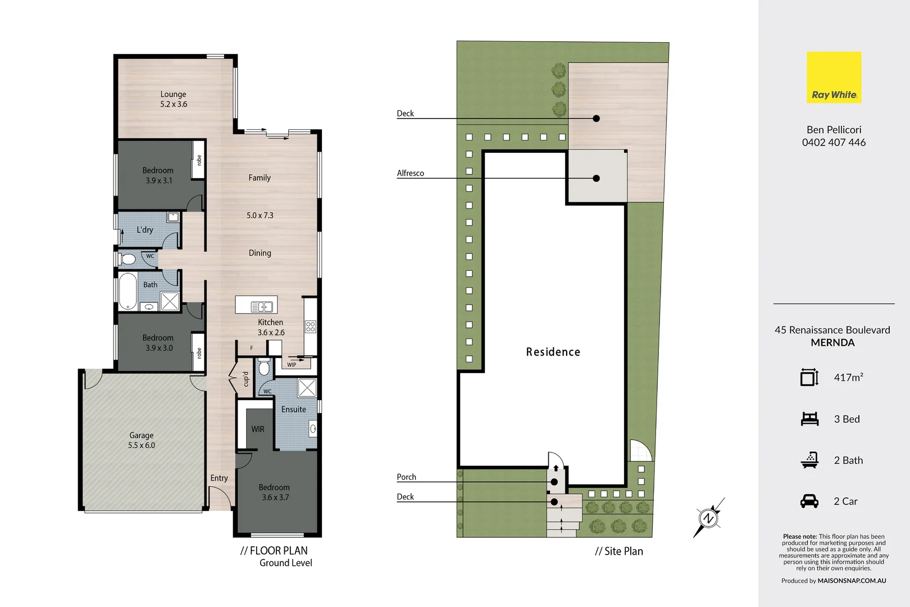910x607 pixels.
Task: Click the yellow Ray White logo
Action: coord(834,77)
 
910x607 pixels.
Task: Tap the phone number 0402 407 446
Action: coord(834,143)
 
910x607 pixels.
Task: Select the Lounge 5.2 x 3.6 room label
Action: coord(173,99)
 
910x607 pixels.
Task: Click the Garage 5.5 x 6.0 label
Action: coord(141,440)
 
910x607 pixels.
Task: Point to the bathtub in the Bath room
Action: coord(128,291)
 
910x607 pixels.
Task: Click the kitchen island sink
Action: coord(261,306)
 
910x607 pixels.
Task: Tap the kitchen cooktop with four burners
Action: coord(311,327)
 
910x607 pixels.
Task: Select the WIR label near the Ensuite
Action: coord(257,429)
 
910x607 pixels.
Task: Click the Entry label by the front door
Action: coord(219,478)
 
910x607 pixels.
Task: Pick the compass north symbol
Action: coord(708,518)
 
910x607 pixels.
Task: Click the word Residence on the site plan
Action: coord(553,352)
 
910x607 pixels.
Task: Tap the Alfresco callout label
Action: coord(410,173)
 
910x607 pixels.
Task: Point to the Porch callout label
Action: coord(406,477)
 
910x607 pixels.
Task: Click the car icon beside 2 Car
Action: coord(809,501)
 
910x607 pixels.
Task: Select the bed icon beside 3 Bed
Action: coord(809,419)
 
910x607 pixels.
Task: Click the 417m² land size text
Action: coord(848,378)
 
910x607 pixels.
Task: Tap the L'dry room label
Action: coord(144,230)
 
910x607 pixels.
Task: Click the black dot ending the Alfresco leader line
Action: coord(596,178)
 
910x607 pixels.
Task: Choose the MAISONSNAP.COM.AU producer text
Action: coord(852,581)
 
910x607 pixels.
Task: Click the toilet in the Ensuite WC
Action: coord(264,369)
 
